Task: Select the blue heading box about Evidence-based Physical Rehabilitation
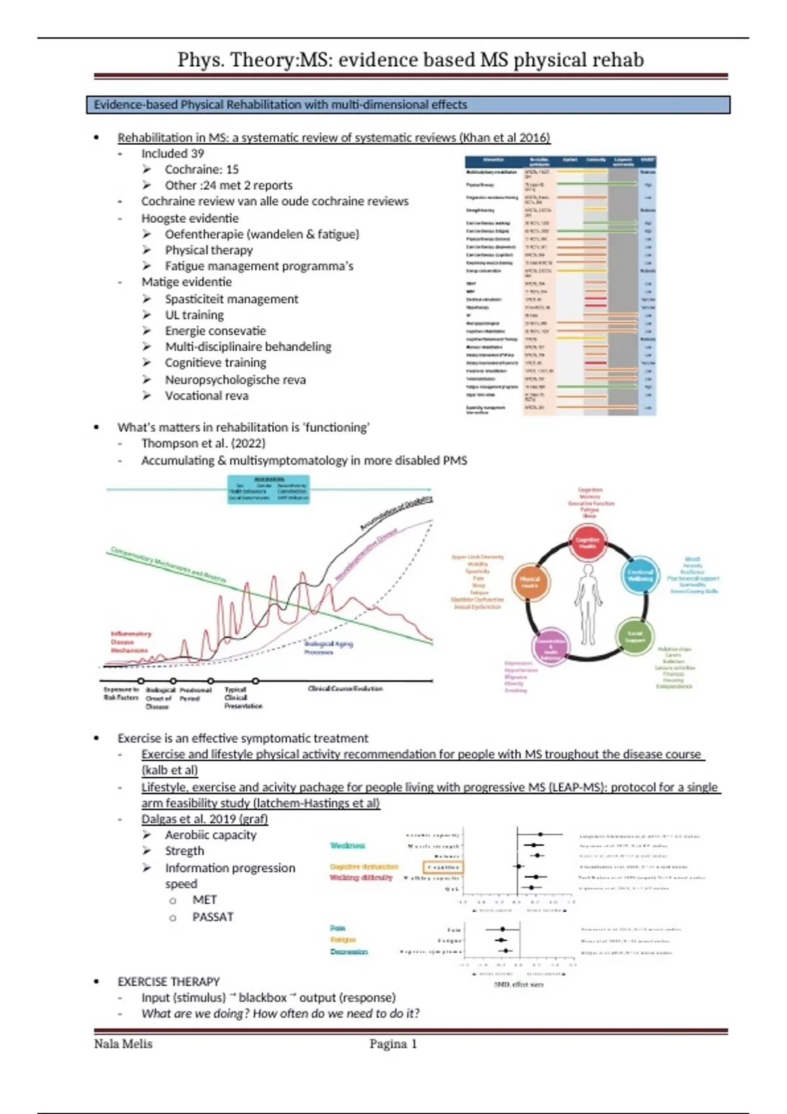[408, 105]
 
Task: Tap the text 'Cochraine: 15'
[201, 169]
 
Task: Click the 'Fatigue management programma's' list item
[258, 266]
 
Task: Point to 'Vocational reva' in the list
[207, 396]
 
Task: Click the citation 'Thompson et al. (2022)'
[203, 444]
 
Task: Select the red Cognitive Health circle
[587, 543]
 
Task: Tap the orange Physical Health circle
[530, 582]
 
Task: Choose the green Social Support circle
[634, 635]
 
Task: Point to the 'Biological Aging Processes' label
[328, 647]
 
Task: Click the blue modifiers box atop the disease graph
[268, 490]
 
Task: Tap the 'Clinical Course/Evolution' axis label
[345, 689]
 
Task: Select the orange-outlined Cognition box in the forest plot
[443, 867]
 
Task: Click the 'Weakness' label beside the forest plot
[348, 845]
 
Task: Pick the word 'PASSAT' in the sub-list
[212, 917]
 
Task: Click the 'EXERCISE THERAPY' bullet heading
[169, 982]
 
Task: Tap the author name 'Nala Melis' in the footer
[123, 1044]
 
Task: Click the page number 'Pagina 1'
[393, 1044]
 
